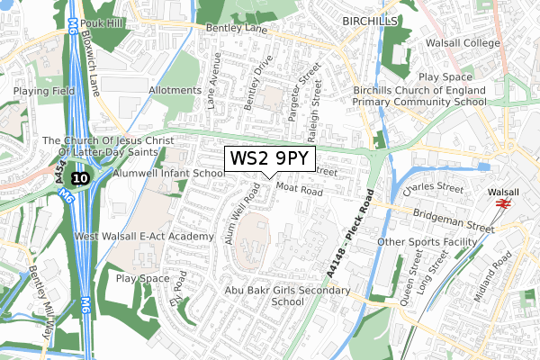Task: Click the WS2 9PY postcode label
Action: click(x=270, y=159)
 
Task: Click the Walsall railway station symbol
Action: click(x=503, y=204)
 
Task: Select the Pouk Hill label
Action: click(x=105, y=22)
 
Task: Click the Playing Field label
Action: click(x=41, y=91)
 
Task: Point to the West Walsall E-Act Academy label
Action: click(x=145, y=237)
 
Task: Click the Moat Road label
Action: click(x=300, y=191)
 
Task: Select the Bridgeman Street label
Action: click(x=455, y=218)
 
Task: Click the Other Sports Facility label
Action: click(x=431, y=242)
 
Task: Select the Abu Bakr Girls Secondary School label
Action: click(x=287, y=296)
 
